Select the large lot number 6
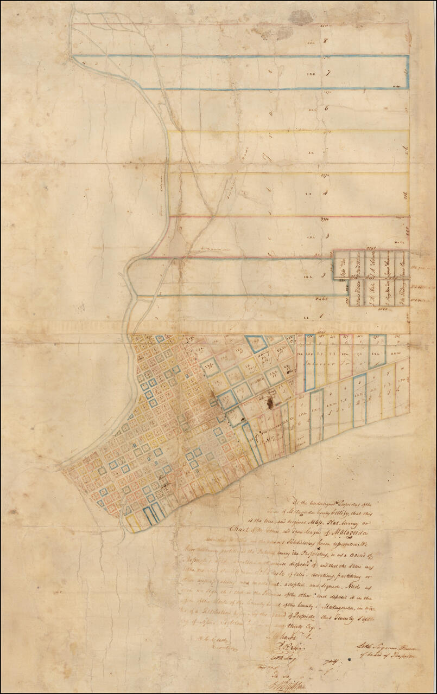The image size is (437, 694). tap(326, 108)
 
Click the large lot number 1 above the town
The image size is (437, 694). tap(322, 316)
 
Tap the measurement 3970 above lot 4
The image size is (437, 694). tap(326, 176)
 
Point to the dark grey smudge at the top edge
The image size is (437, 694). tap(300, 17)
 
